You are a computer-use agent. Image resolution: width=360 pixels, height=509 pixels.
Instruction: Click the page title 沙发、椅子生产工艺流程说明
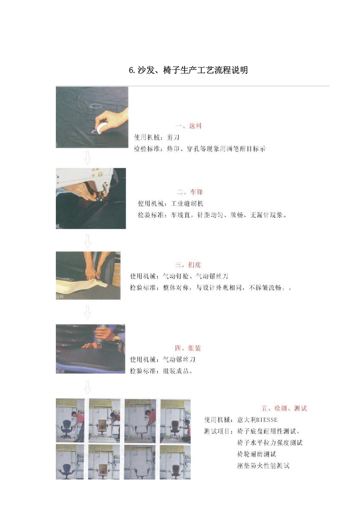tap(188, 70)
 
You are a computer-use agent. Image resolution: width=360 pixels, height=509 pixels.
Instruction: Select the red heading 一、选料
tap(188, 126)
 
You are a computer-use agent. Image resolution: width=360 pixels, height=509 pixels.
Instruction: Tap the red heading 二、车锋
tap(190, 192)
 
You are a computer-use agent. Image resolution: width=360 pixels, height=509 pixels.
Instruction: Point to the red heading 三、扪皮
tap(188, 264)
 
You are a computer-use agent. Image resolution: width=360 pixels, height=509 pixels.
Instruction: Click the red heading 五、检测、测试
tap(284, 408)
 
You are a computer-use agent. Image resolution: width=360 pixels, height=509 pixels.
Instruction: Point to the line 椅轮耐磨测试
tap(256, 454)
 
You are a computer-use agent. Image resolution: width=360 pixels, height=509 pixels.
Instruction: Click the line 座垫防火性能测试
tap(263, 465)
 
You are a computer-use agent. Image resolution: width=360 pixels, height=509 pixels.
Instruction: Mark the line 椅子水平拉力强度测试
tap(270, 442)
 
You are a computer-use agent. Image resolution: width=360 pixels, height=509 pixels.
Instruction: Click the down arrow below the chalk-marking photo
tap(87, 158)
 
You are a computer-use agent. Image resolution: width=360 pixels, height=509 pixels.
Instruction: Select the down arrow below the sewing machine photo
tap(88, 240)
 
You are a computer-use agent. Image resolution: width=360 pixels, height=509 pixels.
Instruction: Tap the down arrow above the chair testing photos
tap(88, 387)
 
